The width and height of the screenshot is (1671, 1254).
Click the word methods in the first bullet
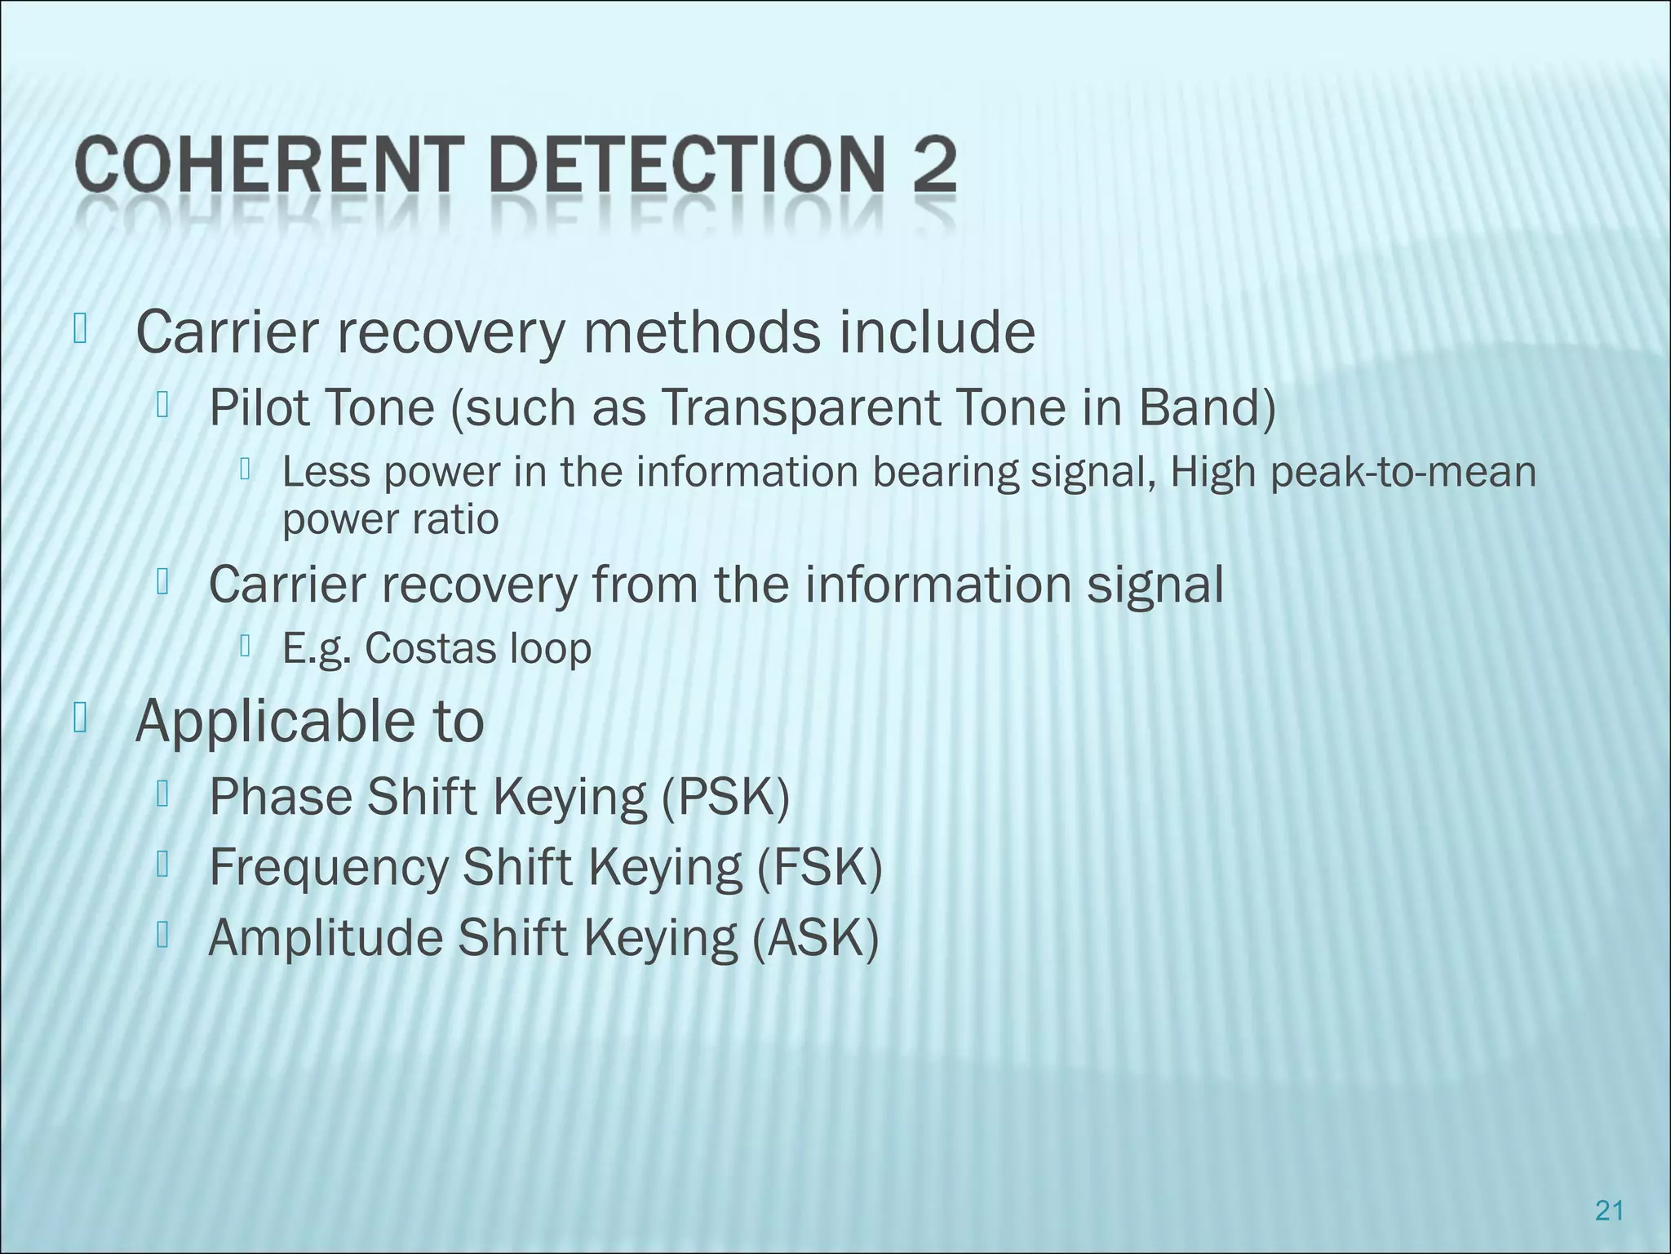point(698,332)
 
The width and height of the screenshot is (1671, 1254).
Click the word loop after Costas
point(550,650)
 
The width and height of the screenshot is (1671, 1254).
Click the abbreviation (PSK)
point(725,797)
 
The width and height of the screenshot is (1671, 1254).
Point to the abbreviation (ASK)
point(814,938)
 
